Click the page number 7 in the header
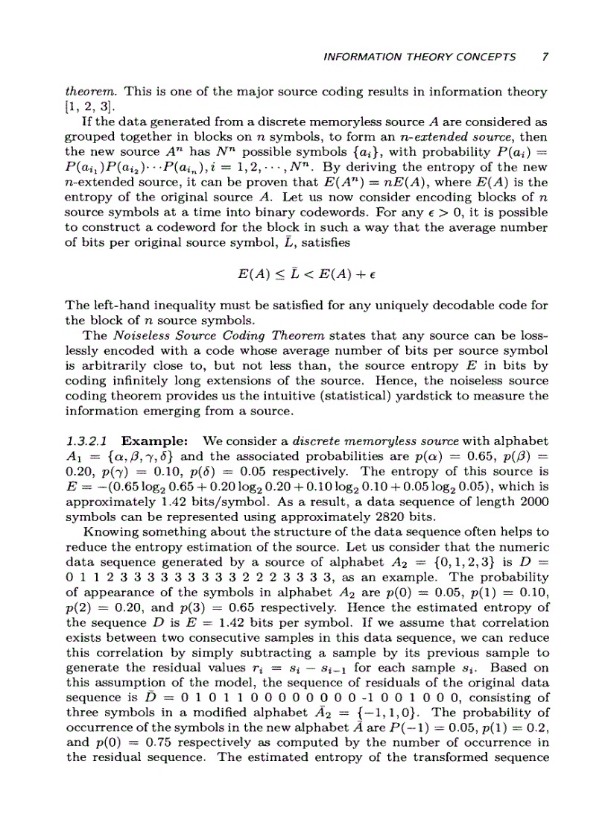pos(545,57)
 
